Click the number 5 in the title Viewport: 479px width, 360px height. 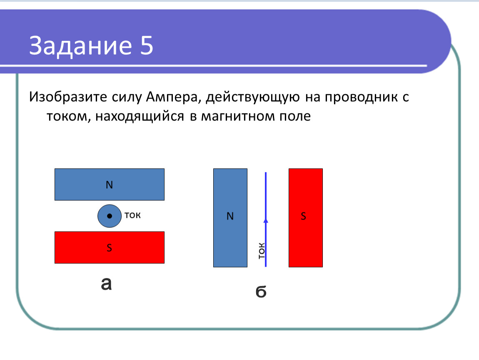(x=147, y=45)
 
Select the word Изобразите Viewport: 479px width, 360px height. (x=68, y=97)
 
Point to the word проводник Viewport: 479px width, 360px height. (x=362, y=97)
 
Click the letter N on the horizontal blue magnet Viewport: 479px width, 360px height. (x=110, y=185)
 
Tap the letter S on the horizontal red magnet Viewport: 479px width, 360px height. (x=110, y=247)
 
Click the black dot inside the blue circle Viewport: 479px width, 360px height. (x=110, y=216)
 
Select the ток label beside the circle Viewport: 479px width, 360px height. (x=132, y=215)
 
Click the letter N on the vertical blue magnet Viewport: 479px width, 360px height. (x=230, y=216)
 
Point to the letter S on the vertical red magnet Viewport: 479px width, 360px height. (x=303, y=216)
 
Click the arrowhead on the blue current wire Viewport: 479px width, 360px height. (x=266, y=220)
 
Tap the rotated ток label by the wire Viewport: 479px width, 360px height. (x=262, y=251)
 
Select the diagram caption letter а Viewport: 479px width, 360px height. (x=106, y=284)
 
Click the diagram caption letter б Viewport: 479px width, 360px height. (x=261, y=291)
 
